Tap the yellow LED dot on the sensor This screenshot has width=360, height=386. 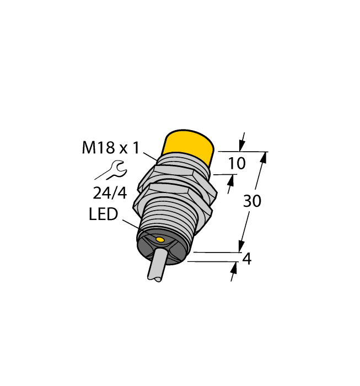click(159, 240)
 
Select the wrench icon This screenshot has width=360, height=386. click(115, 169)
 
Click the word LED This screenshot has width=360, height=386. click(103, 215)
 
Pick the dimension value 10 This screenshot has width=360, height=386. click(237, 163)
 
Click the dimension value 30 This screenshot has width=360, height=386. click(252, 202)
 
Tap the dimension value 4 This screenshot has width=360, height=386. click(247, 258)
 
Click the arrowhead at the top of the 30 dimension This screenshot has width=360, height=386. click(263, 158)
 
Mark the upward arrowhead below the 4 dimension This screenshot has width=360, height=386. click(234, 269)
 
